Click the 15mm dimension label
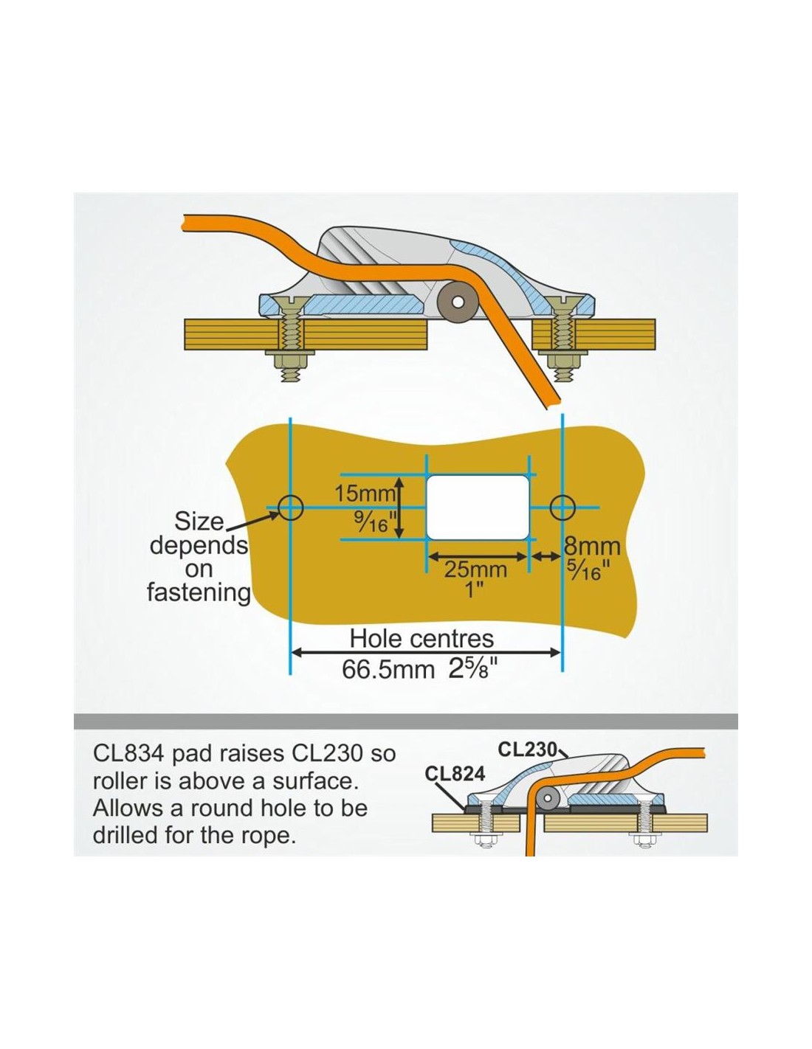coord(365,494)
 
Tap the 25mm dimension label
coord(476,570)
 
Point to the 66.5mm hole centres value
coord(388,670)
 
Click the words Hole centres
coord(422,639)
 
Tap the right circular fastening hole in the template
coord(562,508)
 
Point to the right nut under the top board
coord(562,361)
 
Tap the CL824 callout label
coord(454,774)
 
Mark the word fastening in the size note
coord(199,592)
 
